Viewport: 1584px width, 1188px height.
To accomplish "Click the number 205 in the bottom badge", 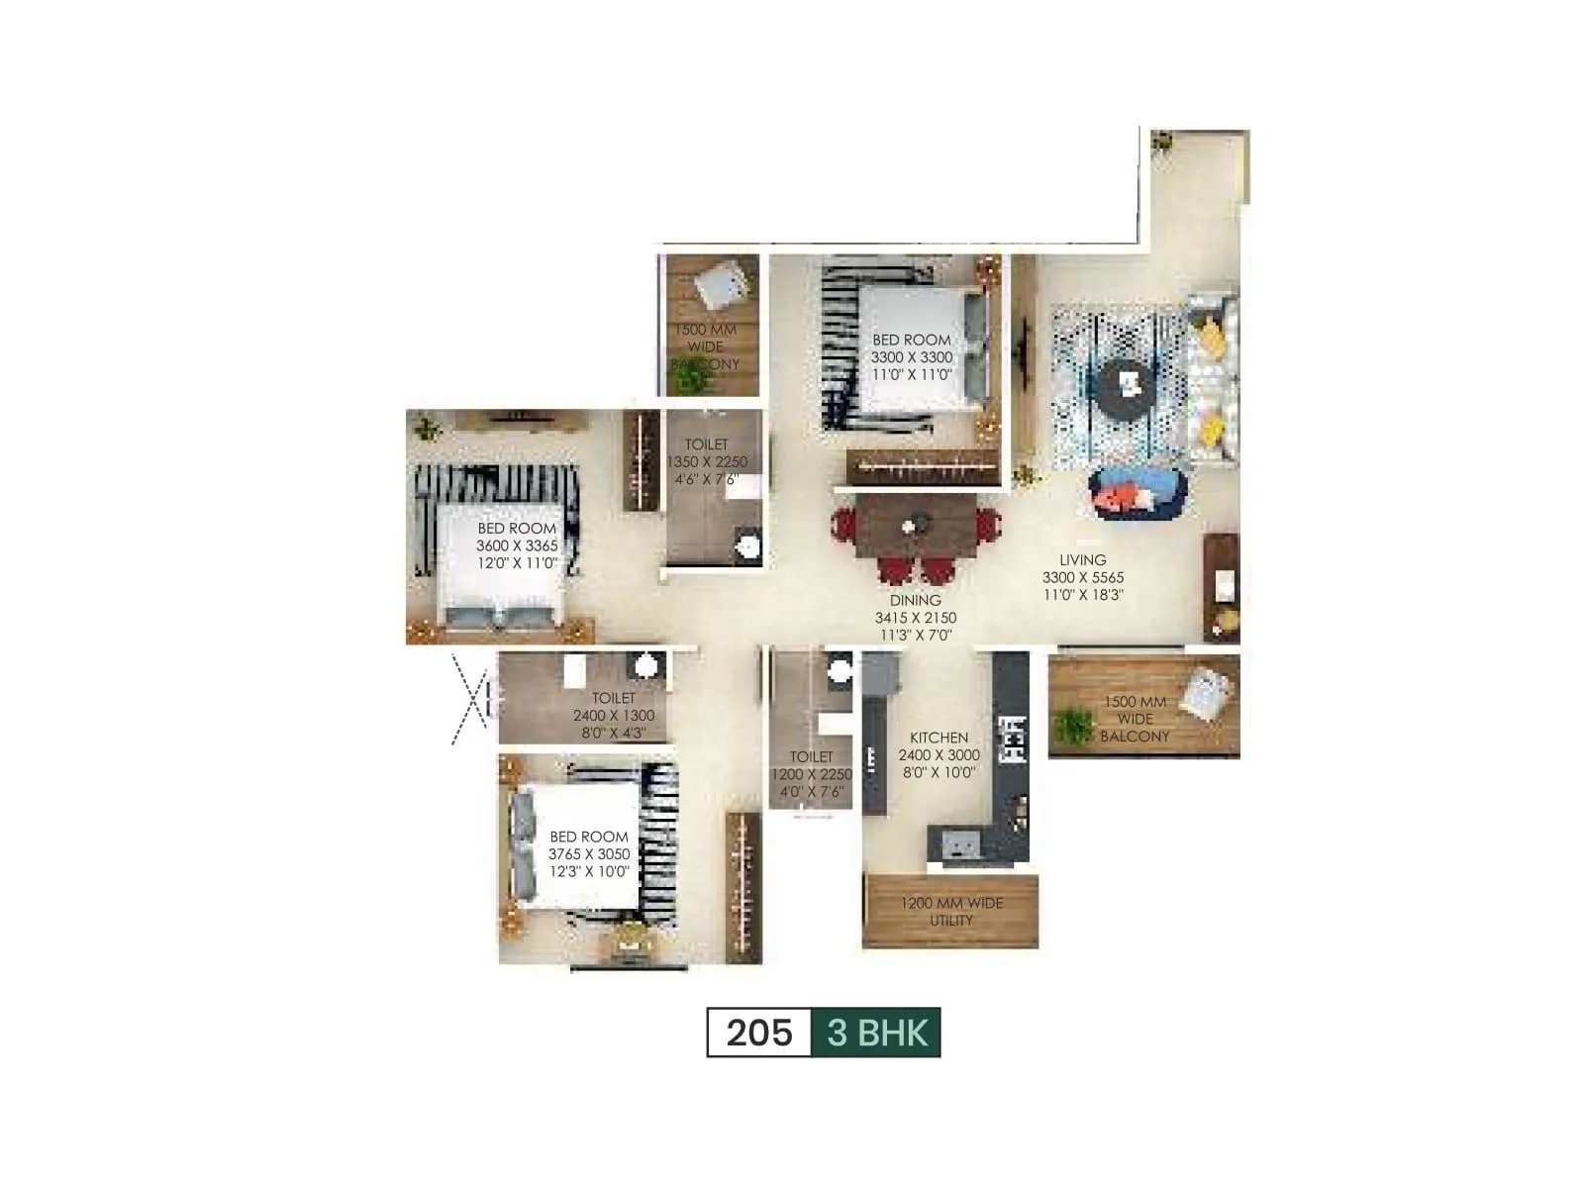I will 759,1033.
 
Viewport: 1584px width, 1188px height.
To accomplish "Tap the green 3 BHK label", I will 876,1033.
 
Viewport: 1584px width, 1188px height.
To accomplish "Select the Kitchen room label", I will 939,738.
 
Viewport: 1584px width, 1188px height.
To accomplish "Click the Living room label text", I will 1082,560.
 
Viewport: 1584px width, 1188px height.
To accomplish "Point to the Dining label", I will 915,600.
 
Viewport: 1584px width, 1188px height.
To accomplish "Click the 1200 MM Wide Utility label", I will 950,912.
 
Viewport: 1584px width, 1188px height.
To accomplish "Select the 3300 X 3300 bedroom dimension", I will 912,357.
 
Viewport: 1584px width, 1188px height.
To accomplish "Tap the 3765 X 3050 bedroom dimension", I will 589,854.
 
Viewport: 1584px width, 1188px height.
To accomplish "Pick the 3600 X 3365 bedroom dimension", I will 517,545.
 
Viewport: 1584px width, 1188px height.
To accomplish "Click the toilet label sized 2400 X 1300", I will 614,716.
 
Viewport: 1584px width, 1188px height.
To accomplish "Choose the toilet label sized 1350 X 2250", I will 707,462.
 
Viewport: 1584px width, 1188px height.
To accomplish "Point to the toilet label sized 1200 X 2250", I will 811,775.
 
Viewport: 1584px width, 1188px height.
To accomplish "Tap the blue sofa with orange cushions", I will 1137,492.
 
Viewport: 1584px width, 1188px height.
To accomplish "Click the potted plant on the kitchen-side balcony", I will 1071,725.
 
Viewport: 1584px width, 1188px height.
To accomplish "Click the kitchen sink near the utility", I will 957,841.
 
